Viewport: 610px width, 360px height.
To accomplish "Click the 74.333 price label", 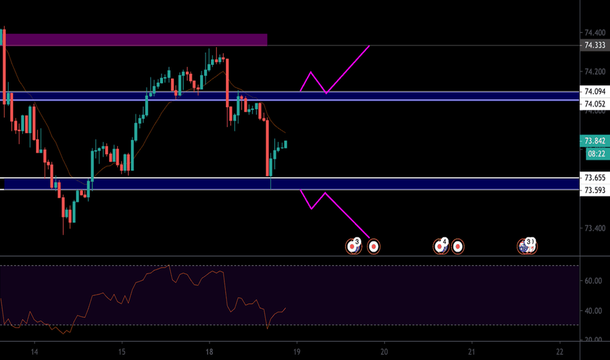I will point(595,45).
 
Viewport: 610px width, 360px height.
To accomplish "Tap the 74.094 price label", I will point(595,92).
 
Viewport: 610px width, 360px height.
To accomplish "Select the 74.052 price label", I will point(595,104).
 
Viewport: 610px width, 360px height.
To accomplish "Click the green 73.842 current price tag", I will point(595,141).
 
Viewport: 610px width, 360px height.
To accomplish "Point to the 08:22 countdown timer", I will point(595,155).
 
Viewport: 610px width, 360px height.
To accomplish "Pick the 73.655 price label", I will point(595,178).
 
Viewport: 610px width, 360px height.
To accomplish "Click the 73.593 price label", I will point(595,190).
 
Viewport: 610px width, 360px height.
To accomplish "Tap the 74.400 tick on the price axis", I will point(595,32).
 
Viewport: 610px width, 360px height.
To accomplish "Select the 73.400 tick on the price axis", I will point(595,228).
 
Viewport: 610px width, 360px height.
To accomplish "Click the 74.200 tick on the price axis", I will point(595,71).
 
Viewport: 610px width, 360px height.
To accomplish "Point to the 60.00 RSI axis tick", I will point(593,281).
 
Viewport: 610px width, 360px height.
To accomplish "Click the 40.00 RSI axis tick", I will point(593,311).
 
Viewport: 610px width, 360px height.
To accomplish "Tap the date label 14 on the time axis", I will point(34,350).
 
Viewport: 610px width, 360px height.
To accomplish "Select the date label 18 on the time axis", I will point(209,350).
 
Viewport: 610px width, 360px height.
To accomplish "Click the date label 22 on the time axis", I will point(560,350).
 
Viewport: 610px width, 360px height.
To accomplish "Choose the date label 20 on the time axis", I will point(384,350).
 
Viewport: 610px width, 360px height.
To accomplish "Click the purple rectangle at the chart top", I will point(136,40).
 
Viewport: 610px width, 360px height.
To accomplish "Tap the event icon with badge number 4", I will point(440,246).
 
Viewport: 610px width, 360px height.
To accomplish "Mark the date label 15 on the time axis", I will point(122,350).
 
